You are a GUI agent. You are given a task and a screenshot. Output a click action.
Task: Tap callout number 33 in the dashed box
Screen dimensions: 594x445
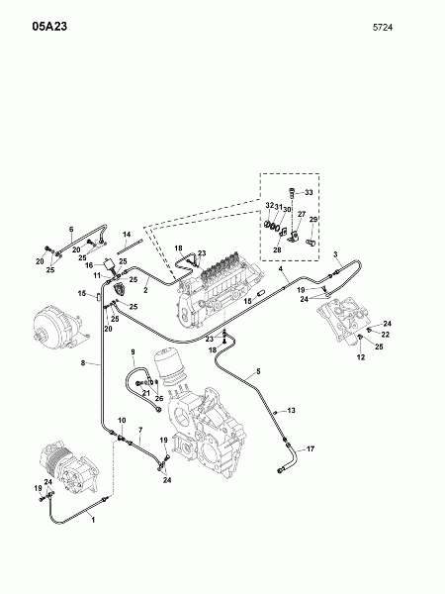tap(308, 191)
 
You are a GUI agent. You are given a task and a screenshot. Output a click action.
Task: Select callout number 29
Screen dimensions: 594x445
tap(314, 219)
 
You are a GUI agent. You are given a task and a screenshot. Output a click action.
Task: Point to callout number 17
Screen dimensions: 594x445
tap(311, 448)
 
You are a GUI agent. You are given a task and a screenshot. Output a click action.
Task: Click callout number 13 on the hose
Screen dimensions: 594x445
tap(291, 410)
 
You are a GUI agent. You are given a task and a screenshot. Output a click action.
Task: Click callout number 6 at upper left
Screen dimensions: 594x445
tap(71, 230)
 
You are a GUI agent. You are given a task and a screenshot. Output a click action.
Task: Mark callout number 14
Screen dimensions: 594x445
tap(128, 234)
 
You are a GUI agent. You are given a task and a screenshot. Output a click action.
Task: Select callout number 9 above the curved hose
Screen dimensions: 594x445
tap(132, 353)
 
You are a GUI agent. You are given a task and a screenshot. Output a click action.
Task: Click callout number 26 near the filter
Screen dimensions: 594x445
tap(158, 399)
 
